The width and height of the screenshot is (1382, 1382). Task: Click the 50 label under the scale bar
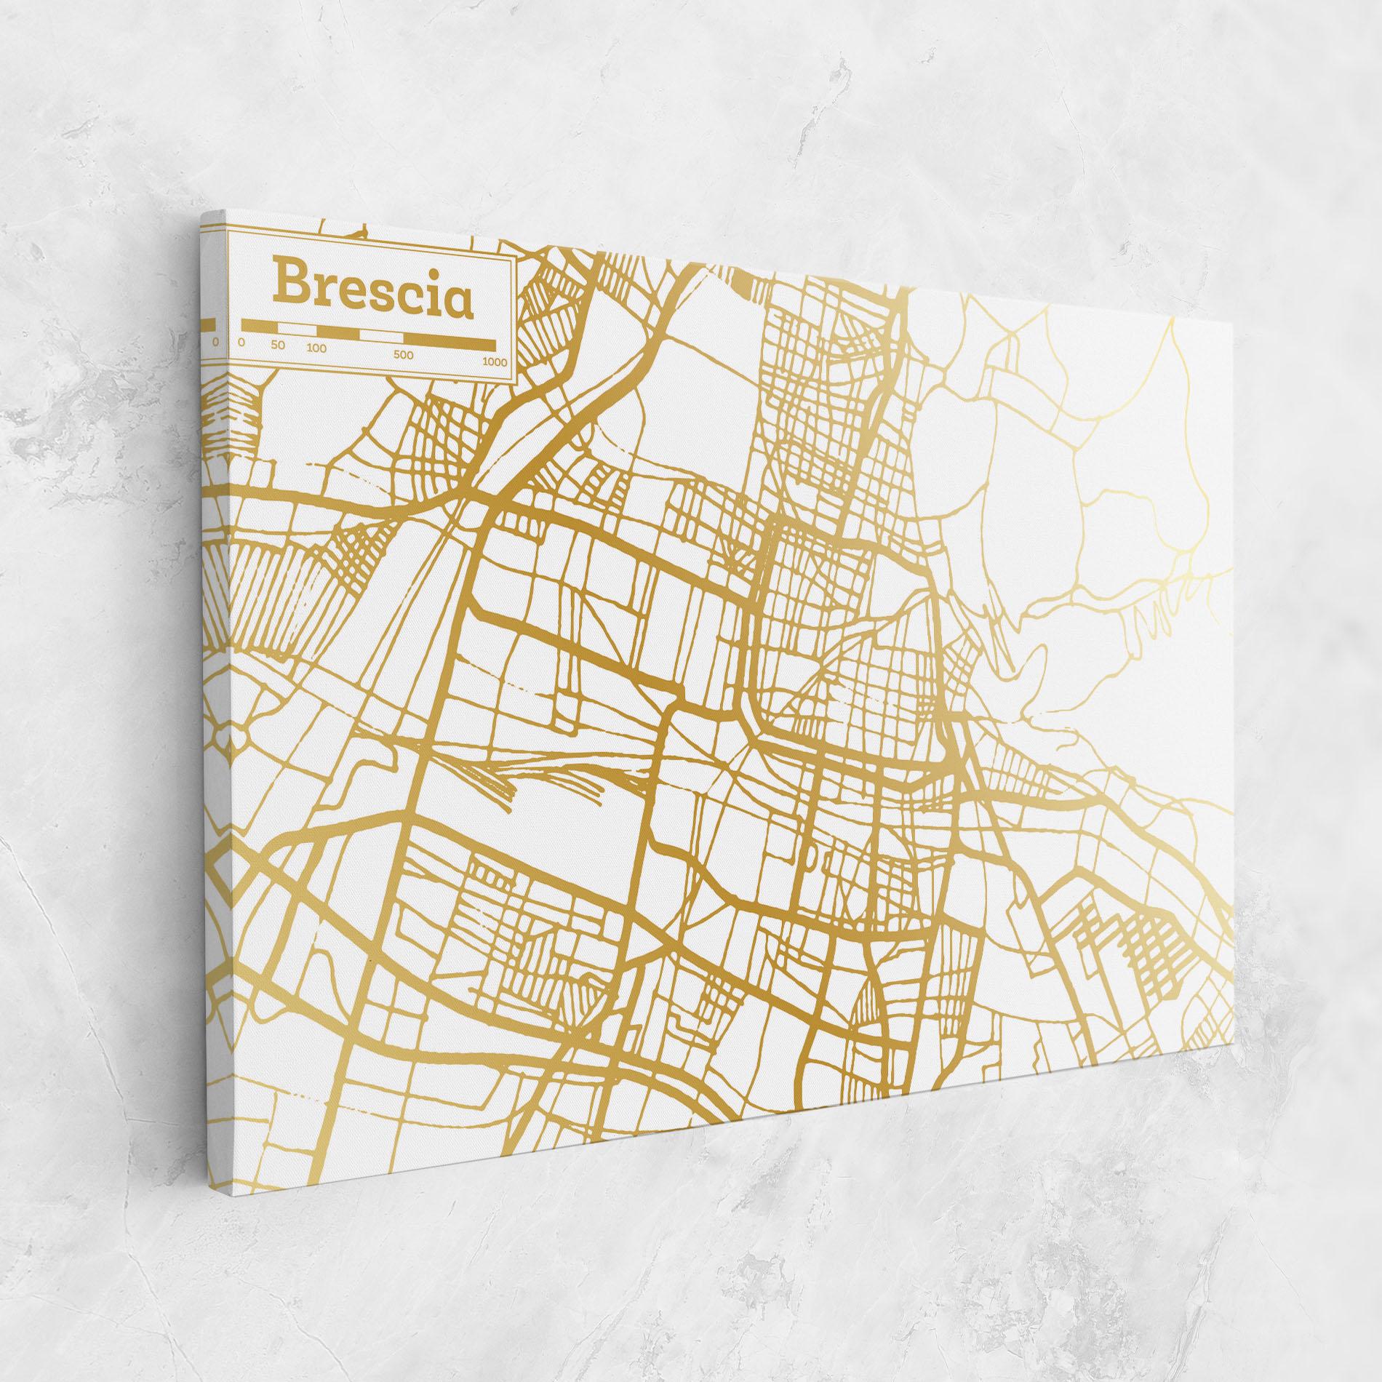click(x=277, y=345)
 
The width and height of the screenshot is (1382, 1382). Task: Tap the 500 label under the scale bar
click(x=404, y=356)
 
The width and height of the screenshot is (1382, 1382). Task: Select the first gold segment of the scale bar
click(x=257, y=325)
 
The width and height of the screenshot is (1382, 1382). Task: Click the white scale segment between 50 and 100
click(x=294, y=328)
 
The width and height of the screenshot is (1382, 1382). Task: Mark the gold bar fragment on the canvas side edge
click(x=209, y=323)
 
